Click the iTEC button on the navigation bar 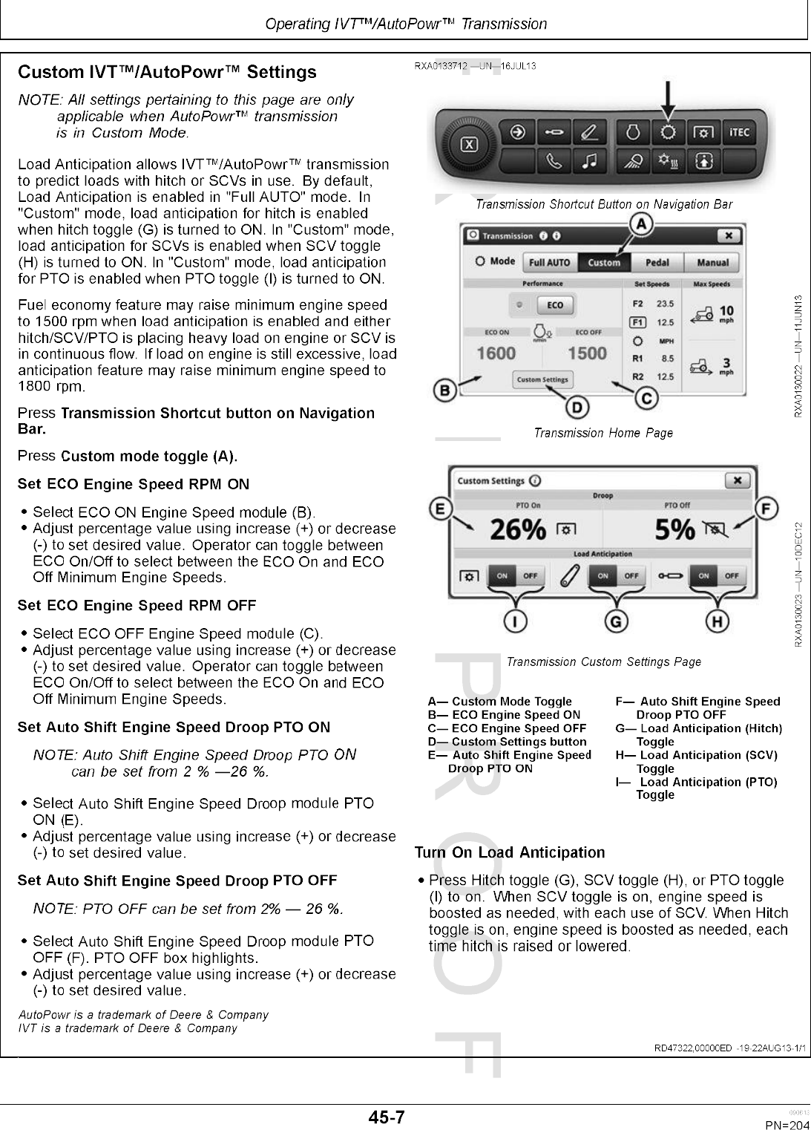(739, 133)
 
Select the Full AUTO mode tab (549, 262)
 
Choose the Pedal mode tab (657, 262)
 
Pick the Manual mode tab (712, 262)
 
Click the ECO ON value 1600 (496, 353)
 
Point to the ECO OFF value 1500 (587, 353)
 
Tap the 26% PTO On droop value (518, 529)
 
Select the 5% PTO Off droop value (675, 529)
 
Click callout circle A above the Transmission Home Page (641, 223)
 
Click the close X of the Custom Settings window (737, 480)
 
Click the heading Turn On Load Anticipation (510, 852)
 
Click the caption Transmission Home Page (603, 433)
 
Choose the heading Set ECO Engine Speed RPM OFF (137, 605)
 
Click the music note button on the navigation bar (589, 160)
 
